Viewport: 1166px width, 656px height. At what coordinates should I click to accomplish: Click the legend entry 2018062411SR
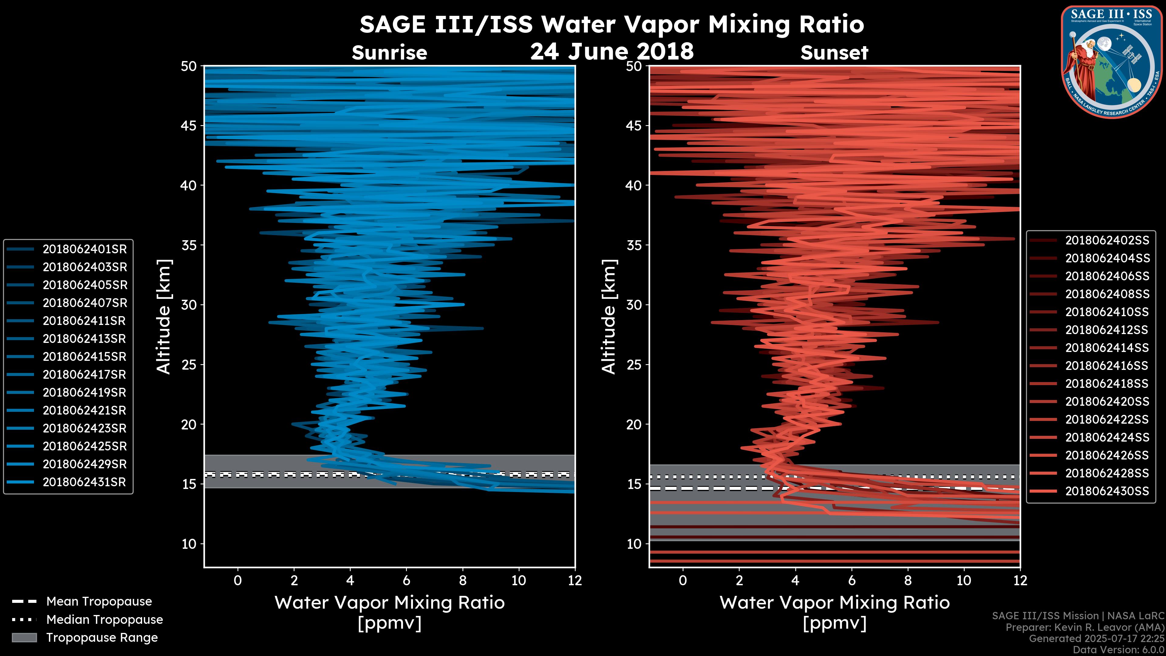tap(84, 321)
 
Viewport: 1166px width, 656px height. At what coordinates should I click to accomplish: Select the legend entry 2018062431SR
tap(84, 482)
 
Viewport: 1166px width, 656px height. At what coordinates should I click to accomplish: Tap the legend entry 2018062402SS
tap(1107, 241)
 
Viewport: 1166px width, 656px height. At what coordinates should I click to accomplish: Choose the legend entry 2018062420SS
tap(1107, 401)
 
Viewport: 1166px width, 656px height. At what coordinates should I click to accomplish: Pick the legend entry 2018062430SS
tap(1107, 491)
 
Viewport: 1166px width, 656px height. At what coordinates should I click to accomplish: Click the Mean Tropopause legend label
tap(99, 602)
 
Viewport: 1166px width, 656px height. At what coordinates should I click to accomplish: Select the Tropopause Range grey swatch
tap(24, 637)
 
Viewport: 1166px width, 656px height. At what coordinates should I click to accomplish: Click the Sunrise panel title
tap(389, 53)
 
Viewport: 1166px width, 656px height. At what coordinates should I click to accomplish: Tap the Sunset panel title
tap(834, 53)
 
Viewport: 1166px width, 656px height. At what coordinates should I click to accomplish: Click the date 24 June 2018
tap(612, 51)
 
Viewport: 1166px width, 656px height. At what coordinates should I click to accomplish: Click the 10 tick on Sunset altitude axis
tap(634, 544)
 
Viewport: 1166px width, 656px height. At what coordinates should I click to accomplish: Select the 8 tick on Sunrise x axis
tap(462, 580)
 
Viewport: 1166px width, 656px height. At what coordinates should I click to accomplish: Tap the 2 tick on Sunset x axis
tap(739, 580)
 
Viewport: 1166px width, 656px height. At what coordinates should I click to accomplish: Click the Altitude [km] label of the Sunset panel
tap(609, 317)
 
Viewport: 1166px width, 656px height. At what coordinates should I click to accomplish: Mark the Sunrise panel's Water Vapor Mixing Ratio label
tap(389, 603)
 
